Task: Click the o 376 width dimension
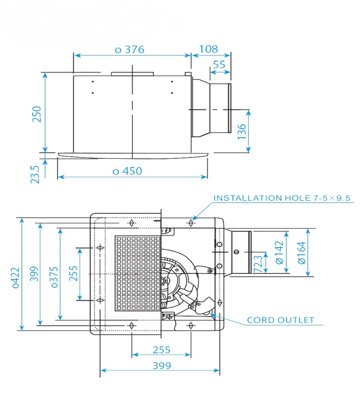tap(129, 49)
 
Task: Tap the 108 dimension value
tap(208, 49)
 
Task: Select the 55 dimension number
tap(219, 65)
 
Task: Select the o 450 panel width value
tap(127, 171)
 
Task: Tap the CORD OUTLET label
tap(280, 320)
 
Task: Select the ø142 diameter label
tap(280, 253)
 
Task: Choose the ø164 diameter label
tap(301, 253)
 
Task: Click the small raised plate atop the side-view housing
tap(132, 74)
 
